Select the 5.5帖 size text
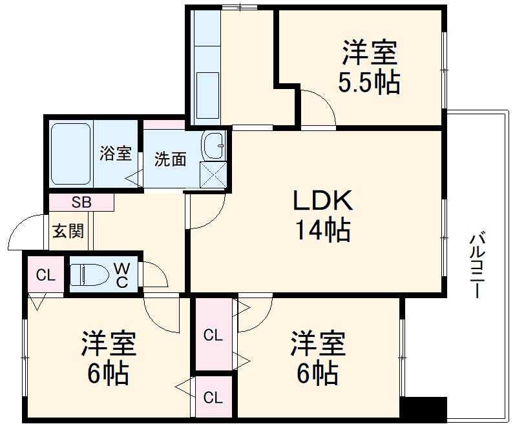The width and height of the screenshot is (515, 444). (x=369, y=83)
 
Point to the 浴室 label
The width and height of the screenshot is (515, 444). (x=116, y=154)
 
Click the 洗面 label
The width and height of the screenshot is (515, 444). (x=170, y=159)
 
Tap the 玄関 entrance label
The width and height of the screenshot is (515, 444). (x=67, y=230)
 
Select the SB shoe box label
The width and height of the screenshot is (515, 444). (x=81, y=202)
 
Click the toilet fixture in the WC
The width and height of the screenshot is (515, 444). (x=87, y=274)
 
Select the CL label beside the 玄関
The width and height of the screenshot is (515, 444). (x=45, y=275)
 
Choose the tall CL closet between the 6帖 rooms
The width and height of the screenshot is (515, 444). (x=213, y=336)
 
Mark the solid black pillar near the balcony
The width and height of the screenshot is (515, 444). (x=423, y=409)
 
